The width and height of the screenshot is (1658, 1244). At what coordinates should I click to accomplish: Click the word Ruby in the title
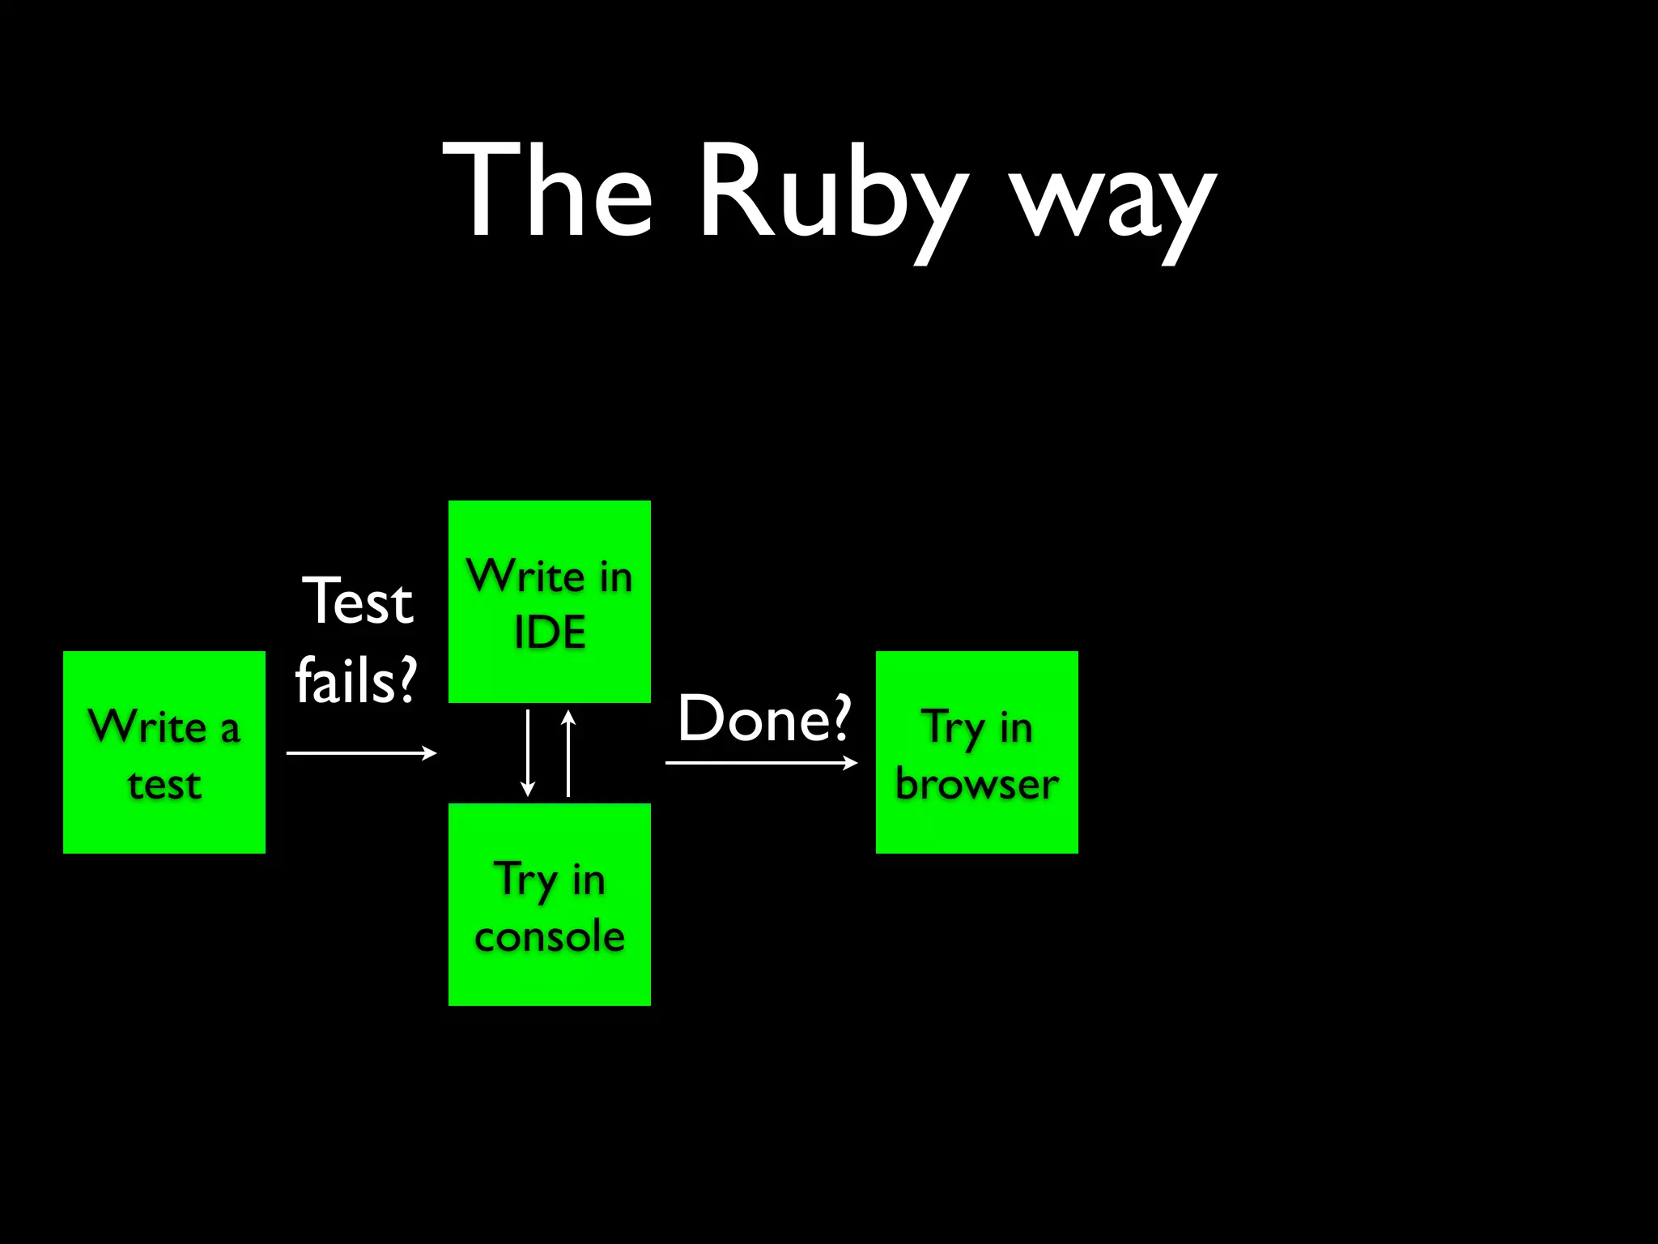tap(834, 194)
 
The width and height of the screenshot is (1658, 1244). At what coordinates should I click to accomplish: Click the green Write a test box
tap(164, 752)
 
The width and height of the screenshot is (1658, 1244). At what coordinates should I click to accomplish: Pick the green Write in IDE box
tap(550, 602)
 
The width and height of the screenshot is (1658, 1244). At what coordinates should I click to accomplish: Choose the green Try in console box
tap(550, 905)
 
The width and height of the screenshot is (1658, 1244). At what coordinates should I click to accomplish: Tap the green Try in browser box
tap(977, 752)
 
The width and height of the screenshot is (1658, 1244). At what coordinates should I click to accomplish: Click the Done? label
tap(764, 718)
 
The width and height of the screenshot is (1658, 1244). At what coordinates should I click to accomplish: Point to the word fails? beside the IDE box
tap(356, 681)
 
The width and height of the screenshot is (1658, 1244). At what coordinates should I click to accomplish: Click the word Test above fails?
tap(358, 602)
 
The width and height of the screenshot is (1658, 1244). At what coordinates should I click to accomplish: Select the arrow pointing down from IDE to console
tap(528, 753)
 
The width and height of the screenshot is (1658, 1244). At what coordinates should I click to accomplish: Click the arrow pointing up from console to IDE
tap(568, 753)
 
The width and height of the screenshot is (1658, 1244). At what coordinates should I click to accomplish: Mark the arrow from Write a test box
tap(361, 753)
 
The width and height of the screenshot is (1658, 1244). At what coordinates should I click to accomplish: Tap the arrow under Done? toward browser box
tap(761, 762)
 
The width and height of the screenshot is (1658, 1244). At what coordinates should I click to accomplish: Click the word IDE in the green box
tap(550, 633)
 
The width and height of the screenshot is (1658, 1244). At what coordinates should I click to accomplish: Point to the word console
tap(550, 937)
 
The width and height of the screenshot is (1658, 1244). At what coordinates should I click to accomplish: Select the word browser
tap(977, 785)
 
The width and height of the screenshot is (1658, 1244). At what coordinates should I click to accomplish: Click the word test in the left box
tap(164, 785)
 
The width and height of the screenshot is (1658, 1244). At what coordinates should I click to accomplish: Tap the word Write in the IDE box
tap(526, 577)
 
